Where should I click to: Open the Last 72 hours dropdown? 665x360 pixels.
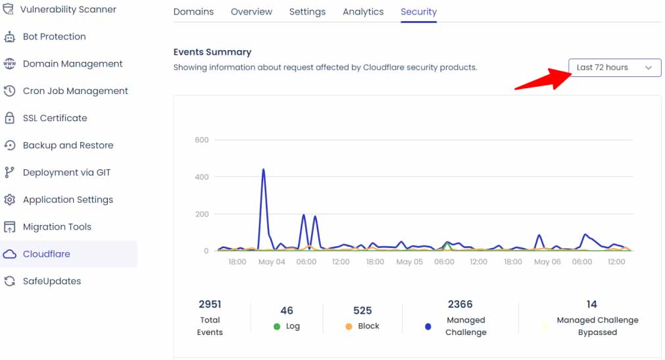[614, 68]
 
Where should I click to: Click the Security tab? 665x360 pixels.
[418, 12]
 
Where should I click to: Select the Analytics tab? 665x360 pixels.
[363, 12]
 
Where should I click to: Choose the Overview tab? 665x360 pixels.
[251, 12]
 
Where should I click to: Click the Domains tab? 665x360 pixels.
[193, 12]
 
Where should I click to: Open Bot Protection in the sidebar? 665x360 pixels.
[54, 37]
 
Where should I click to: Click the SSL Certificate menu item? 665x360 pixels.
[55, 118]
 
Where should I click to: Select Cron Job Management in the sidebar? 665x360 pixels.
[75, 91]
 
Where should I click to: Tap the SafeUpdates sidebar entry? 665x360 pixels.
[51, 281]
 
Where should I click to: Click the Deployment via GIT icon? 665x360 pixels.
[9, 172]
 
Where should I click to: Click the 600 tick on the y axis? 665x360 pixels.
[201, 140]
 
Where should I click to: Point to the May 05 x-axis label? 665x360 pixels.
[409, 262]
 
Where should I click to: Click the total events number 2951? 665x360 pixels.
[210, 305]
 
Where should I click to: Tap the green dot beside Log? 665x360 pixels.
[277, 326]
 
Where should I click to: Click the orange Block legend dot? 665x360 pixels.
[349, 326]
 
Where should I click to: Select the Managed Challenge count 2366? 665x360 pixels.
[460, 305]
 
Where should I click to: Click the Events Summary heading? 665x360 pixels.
[212, 52]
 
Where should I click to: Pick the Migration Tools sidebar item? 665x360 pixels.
[57, 227]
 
